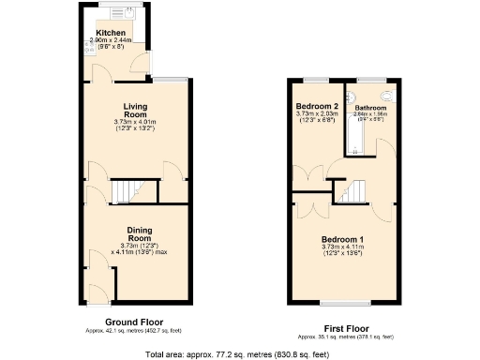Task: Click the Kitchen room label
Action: (110, 33)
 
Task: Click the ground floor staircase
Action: (124, 192)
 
